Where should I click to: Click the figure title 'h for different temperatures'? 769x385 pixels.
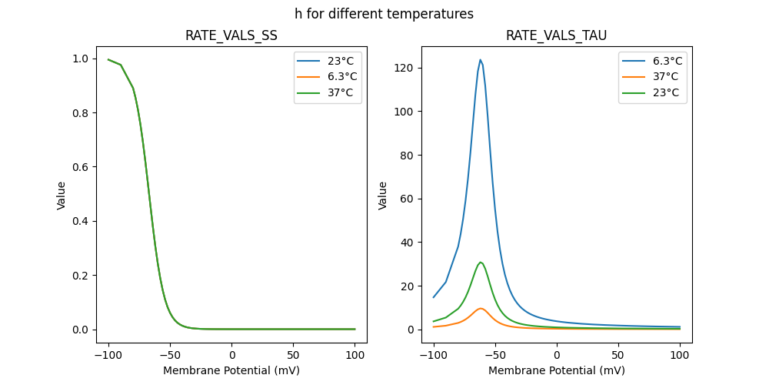click(x=384, y=14)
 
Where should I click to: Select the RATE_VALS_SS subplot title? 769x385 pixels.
click(x=231, y=35)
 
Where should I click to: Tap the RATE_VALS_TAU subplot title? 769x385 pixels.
click(x=556, y=35)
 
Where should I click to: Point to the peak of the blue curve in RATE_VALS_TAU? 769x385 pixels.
click(x=481, y=60)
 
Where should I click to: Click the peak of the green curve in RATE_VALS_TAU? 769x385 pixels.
click(x=481, y=263)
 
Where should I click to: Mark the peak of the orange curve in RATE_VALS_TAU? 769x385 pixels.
click(x=481, y=309)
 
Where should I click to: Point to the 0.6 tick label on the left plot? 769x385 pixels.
click(x=79, y=167)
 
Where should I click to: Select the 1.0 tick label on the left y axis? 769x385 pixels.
click(x=79, y=59)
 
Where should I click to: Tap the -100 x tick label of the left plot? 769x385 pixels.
click(x=108, y=355)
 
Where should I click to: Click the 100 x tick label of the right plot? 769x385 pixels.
click(x=680, y=355)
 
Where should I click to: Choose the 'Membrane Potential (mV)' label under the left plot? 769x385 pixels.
click(x=231, y=370)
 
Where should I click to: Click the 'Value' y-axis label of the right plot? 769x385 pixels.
click(x=383, y=196)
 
